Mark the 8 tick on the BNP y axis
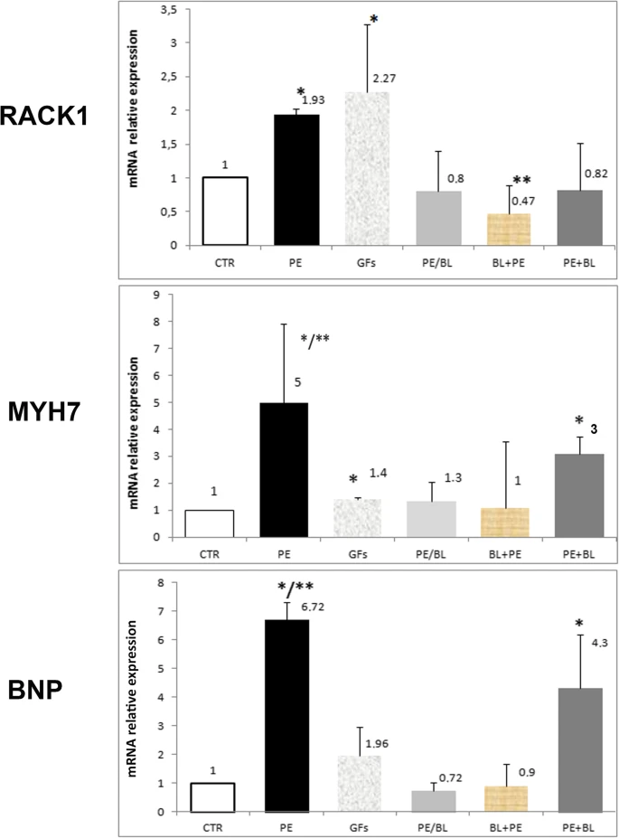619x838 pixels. [x=162, y=584]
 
